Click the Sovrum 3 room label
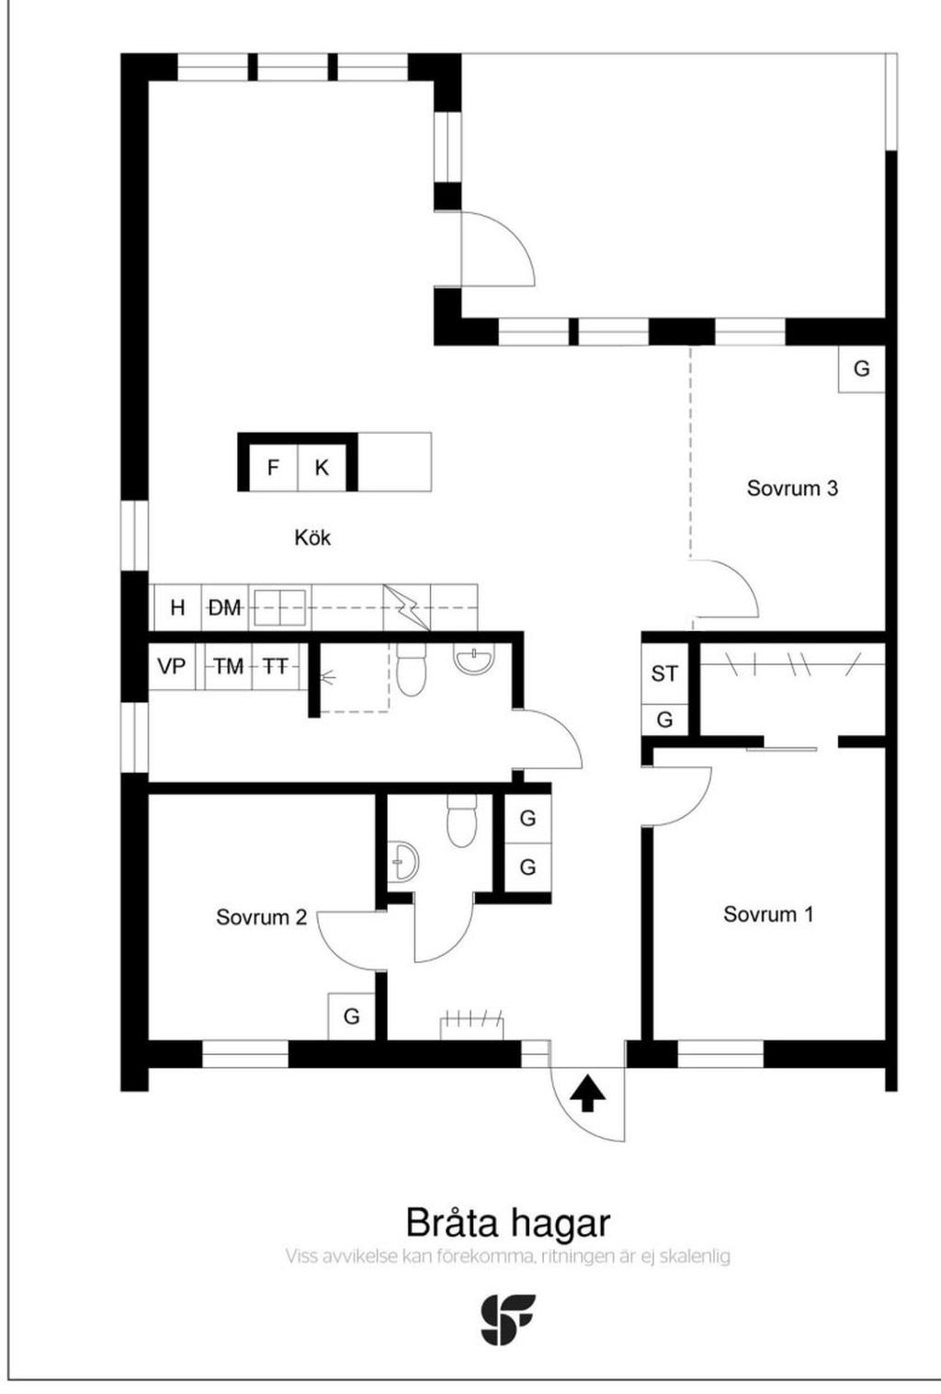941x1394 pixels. (x=792, y=488)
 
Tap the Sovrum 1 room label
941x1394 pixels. (x=768, y=914)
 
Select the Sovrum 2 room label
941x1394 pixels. (x=261, y=917)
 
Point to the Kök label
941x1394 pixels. (x=312, y=538)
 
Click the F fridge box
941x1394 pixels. (x=273, y=467)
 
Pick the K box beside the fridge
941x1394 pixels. (x=321, y=467)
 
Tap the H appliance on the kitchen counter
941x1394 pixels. (x=178, y=606)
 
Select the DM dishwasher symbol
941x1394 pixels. (x=225, y=606)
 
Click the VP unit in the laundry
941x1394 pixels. (x=172, y=666)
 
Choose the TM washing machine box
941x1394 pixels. (x=229, y=666)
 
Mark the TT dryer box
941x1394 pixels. (x=275, y=666)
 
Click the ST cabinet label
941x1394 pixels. (x=664, y=674)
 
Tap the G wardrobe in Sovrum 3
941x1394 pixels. (x=861, y=369)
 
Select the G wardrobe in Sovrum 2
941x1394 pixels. (x=352, y=1016)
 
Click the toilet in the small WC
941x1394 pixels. (x=461, y=821)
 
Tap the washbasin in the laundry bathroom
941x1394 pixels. (x=474, y=659)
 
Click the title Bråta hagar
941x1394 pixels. (x=508, y=1223)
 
